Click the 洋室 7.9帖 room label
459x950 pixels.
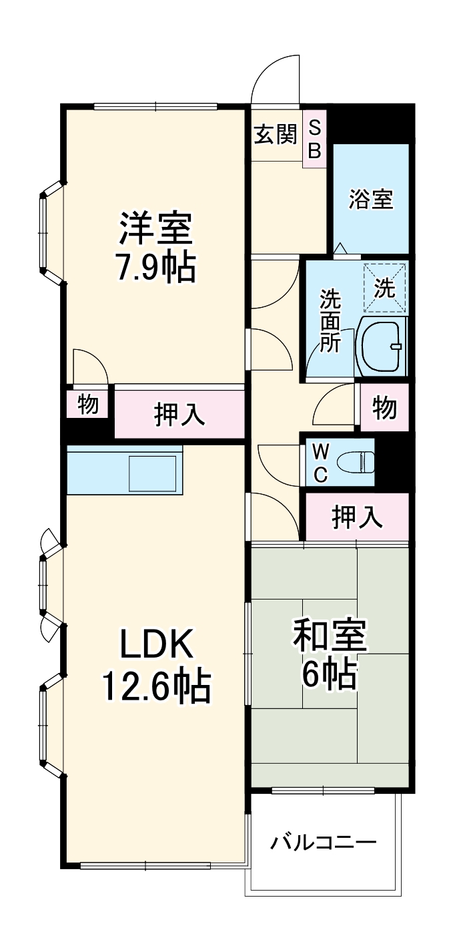[x=156, y=248]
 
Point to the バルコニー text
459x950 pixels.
[x=324, y=843]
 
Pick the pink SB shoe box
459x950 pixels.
[x=314, y=138]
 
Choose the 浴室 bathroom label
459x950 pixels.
[x=371, y=199]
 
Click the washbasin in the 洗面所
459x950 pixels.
[x=382, y=346]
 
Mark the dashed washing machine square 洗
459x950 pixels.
[x=385, y=288]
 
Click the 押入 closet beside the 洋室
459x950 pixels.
[x=179, y=414]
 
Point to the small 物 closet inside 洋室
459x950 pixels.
[x=88, y=404]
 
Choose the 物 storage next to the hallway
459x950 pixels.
[x=384, y=407]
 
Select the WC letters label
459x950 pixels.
[x=321, y=463]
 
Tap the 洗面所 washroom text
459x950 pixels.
[x=330, y=320]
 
